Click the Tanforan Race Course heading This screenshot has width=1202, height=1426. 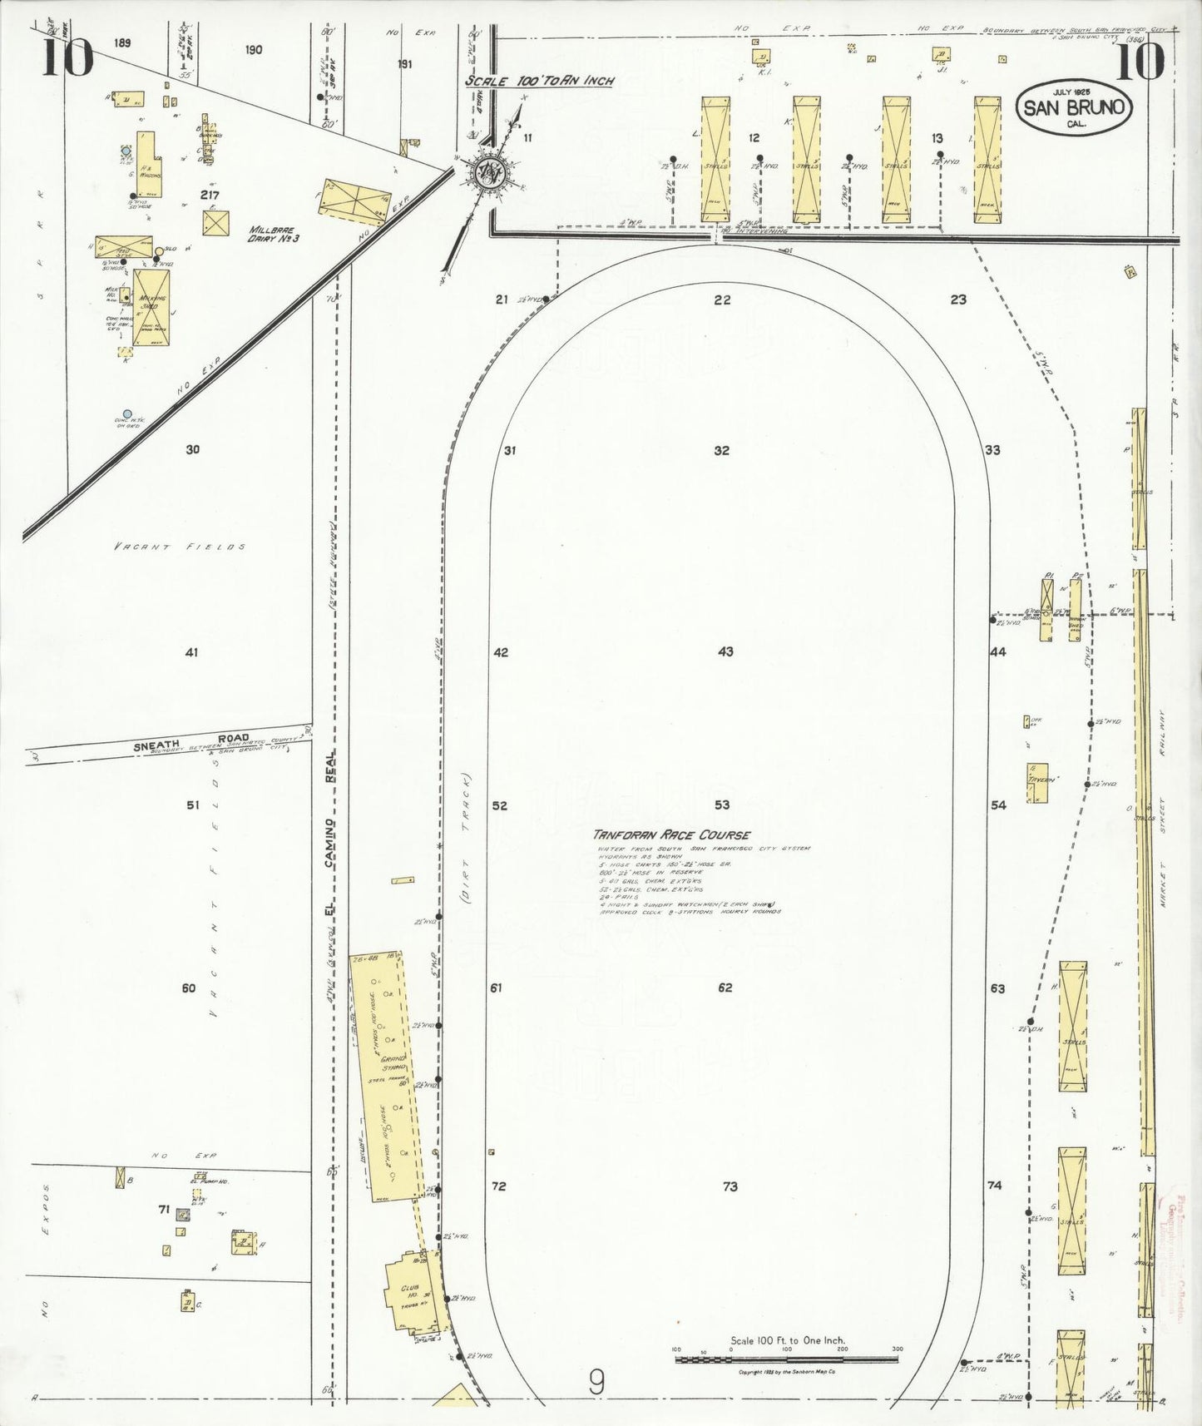coord(671,834)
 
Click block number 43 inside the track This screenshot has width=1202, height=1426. coord(725,651)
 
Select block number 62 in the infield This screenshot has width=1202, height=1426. coord(725,988)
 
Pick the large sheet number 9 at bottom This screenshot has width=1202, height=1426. coord(596,1383)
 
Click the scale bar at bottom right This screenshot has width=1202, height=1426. coord(786,1359)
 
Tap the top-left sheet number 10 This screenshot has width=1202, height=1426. coord(68,58)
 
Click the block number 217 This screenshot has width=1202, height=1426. coord(210,195)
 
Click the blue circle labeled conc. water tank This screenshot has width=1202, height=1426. coord(126,413)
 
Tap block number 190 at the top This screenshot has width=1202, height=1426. coord(254,50)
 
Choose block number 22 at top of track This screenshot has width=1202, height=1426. coord(722,300)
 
